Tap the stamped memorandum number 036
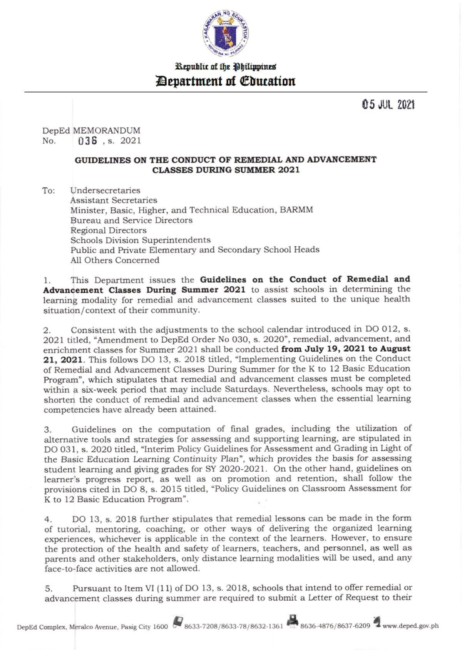tap(87, 141)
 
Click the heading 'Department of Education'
tap(226, 82)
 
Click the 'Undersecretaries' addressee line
tap(105, 190)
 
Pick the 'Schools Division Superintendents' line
tap(140, 240)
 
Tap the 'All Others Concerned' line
tap(115, 260)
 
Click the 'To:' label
tap(49, 191)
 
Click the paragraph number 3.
tap(47, 429)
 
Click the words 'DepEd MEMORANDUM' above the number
tap(91, 131)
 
